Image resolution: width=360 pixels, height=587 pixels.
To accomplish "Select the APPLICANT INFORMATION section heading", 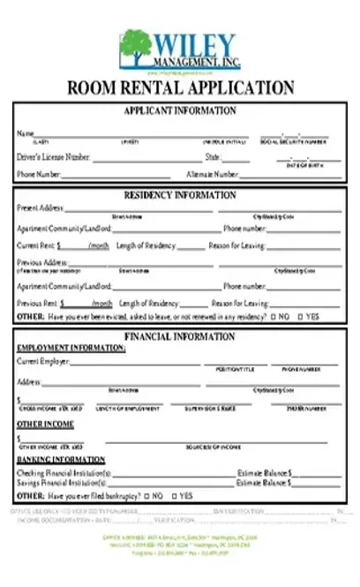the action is point(180,110).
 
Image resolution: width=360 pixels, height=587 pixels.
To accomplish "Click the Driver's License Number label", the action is point(53,157).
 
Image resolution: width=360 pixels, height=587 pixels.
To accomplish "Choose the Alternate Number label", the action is point(212,175).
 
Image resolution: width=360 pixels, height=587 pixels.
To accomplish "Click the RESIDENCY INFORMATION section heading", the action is point(180,195).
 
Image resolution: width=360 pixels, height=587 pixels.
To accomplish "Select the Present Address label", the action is point(40,208).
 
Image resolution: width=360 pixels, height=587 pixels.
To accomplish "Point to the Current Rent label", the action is point(35,245).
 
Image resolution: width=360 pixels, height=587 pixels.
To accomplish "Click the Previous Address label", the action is point(41,262).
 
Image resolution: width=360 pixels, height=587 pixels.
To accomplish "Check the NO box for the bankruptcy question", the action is point(146,496).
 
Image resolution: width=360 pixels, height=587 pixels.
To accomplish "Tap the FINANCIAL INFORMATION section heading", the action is point(180,336).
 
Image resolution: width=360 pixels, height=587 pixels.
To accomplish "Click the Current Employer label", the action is point(42,361).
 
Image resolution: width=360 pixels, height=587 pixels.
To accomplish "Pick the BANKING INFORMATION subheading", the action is point(61,460).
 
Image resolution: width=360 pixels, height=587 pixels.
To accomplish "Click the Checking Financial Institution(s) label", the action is point(64,473).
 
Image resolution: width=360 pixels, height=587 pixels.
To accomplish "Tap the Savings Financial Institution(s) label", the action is point(63,484).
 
